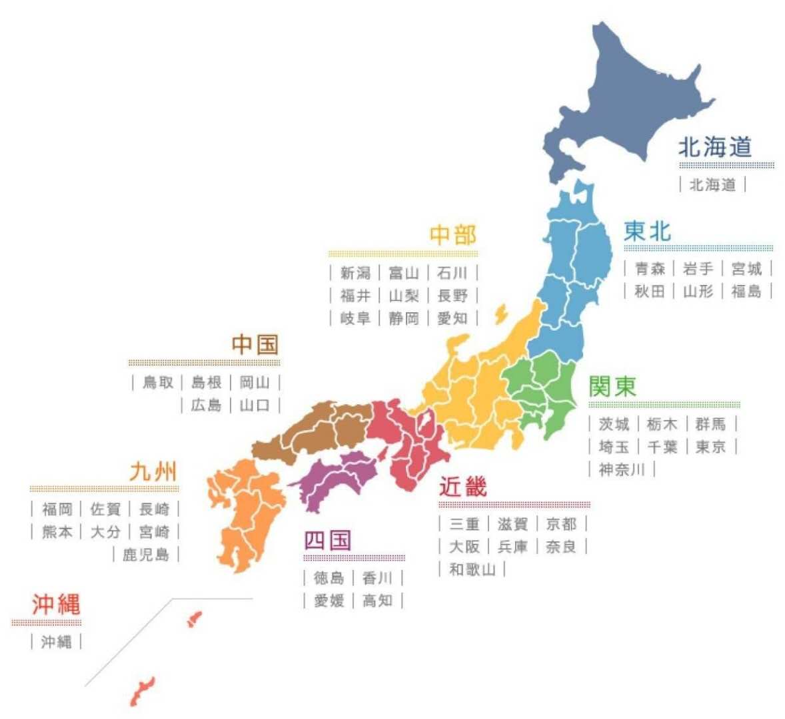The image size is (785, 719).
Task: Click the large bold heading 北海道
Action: tap(715, 147)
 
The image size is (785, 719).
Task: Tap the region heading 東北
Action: tap(647, 232)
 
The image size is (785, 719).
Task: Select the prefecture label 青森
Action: tap(650, 269)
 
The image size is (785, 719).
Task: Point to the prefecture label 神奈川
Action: tap(622, 469)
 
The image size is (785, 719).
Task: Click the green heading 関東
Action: tap(613, 386)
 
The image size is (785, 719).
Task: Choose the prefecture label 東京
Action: tap(710, 447)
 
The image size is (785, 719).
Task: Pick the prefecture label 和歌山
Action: tap(472, 569)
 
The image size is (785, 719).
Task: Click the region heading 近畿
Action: tap(463, 487)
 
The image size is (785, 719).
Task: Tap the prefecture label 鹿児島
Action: tap(146, 555)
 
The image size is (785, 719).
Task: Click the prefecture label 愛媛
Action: tap(329, 600)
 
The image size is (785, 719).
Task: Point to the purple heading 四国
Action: tap(327, 540)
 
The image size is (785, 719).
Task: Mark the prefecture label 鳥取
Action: tap(158, 382)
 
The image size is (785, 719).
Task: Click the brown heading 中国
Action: tap(255, 345)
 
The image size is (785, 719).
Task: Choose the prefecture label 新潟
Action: tap(355, 273)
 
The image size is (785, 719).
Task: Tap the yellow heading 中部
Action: tap(453, 235)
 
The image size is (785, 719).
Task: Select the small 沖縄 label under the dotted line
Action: tap(56, 642)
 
